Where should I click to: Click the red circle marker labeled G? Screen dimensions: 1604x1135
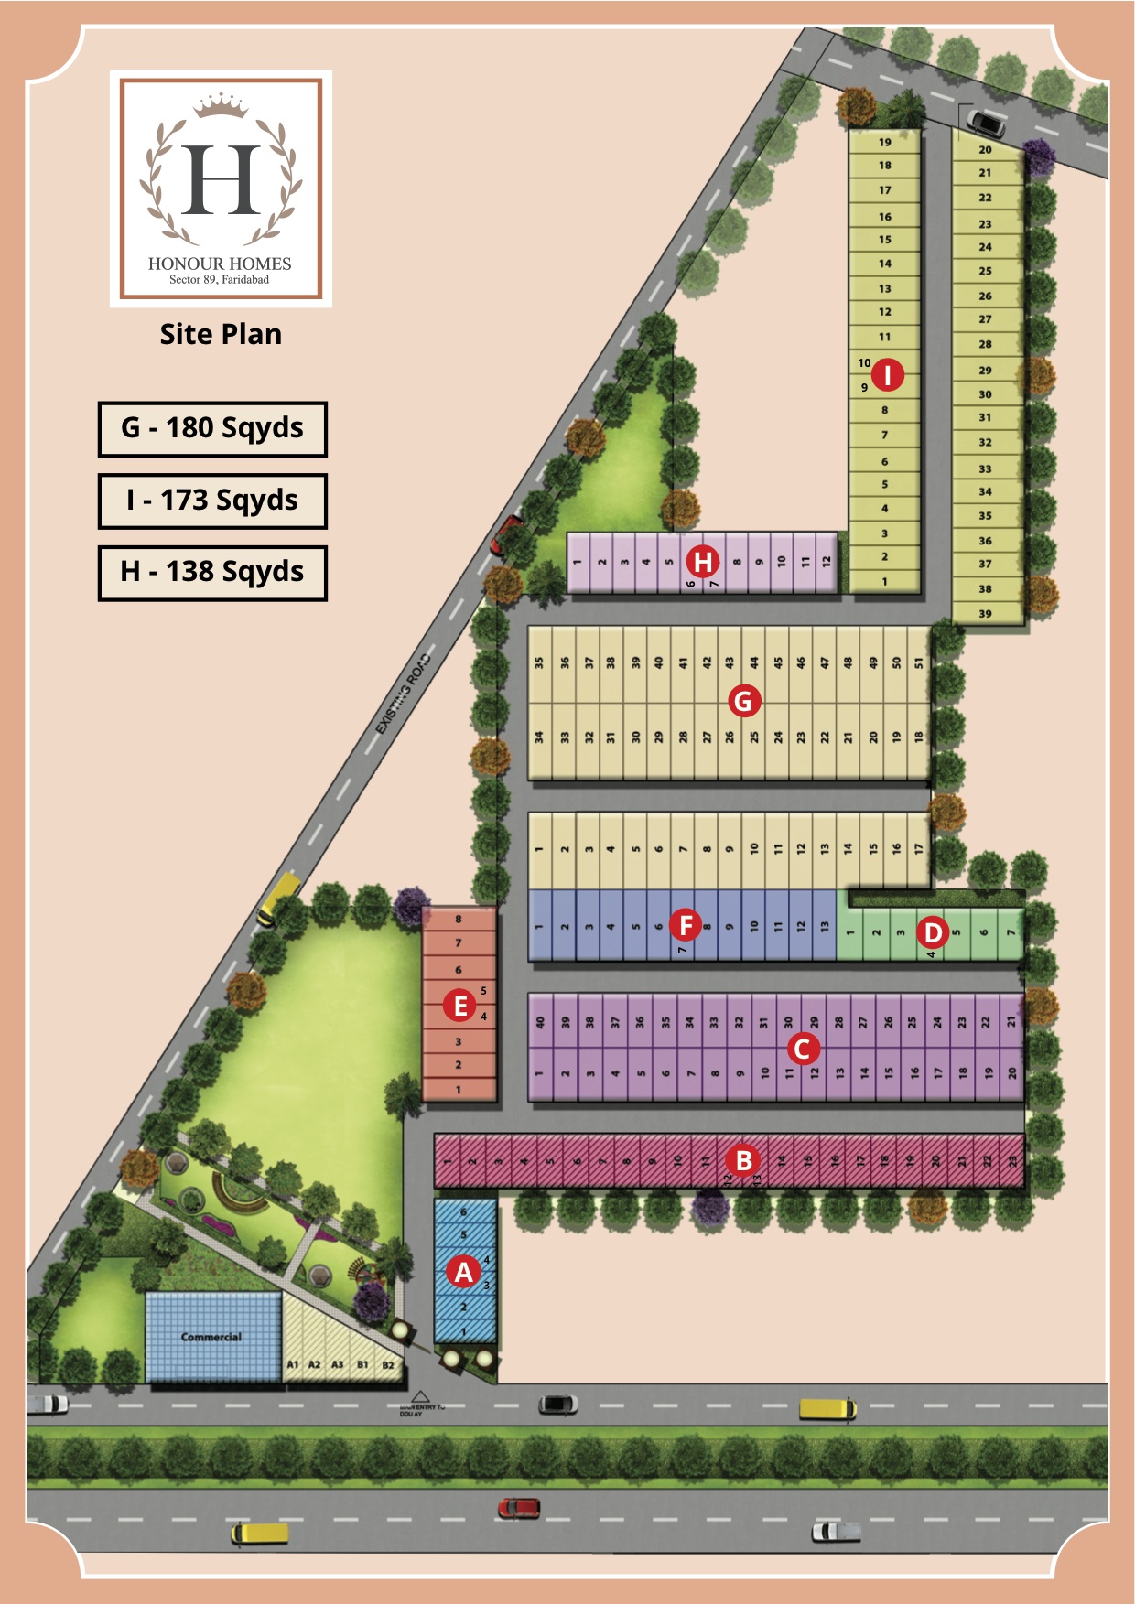[x=743, y=701]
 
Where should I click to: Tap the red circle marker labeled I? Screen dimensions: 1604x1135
[x=887, y=374]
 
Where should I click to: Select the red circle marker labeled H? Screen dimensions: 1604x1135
[x=703, y=561]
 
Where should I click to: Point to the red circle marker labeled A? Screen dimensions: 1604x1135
[x=464, y=1271]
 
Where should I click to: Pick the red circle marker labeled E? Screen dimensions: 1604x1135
[x=459, y=1006]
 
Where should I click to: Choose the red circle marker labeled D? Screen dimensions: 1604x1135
[x=933, y=932]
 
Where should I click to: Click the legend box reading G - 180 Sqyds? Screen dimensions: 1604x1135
[x=212, y=428]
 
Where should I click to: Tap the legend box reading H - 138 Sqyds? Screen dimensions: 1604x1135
[x=212, y=572]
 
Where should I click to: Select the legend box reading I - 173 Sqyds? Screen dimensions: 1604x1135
[x=212, y=501]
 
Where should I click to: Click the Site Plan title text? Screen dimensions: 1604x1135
[x=221, y=334]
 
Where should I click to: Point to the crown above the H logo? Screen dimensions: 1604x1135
[x=221, y=105]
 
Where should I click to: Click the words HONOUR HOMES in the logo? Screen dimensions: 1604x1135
[x=220, y=264]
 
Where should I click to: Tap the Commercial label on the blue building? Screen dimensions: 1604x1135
[x=211, y=1337]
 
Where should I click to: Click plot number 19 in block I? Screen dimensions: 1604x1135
[x=885, y=142]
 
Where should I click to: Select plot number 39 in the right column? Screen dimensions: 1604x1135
[x=985, y=613]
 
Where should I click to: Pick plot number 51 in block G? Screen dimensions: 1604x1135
[x=918, y=662]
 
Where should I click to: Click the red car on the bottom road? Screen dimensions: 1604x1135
[x=519, y=1507]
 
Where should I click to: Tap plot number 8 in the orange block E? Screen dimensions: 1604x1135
[x=459, y=919]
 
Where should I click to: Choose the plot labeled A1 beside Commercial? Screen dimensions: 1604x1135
[x=293, y=1364]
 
